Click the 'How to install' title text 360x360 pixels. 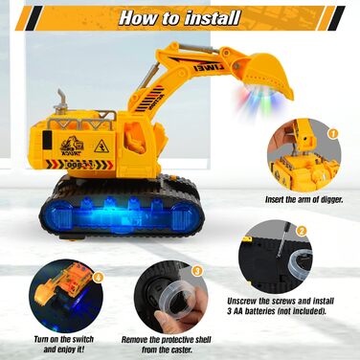pyautogui.click(x=179, y=18)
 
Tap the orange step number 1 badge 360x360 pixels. pyautogui.click(x=332, y=133)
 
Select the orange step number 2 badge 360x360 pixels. pyautogui.click(x=302, y=231)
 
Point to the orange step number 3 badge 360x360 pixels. pyautogui.click(x=197, y=271)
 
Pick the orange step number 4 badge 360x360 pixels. pyautogui.click(x=98, y=278)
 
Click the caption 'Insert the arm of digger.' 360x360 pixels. pyautogui.click(x=304, y=200)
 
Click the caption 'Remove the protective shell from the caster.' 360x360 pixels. pyautogui.click(x=167, y=345)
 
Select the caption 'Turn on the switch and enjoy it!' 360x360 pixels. pyautogui.click(x=64, y=344)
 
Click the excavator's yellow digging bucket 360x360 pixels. pyautogui.click(x=268, y=74)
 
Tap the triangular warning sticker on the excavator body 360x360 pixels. pyautogui.click(x=101, y=146)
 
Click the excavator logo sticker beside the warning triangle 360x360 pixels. pyautogui.click(x=72, y=146)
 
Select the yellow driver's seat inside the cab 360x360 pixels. pyautogui.click(x=135, y=139)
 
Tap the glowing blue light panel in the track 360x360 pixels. pyautogui.click(x=122, y=214)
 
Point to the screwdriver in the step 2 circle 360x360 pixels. pyautogui.click(x=283, y=239)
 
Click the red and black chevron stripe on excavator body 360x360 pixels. pyautogui.click(x=79, y=164)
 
